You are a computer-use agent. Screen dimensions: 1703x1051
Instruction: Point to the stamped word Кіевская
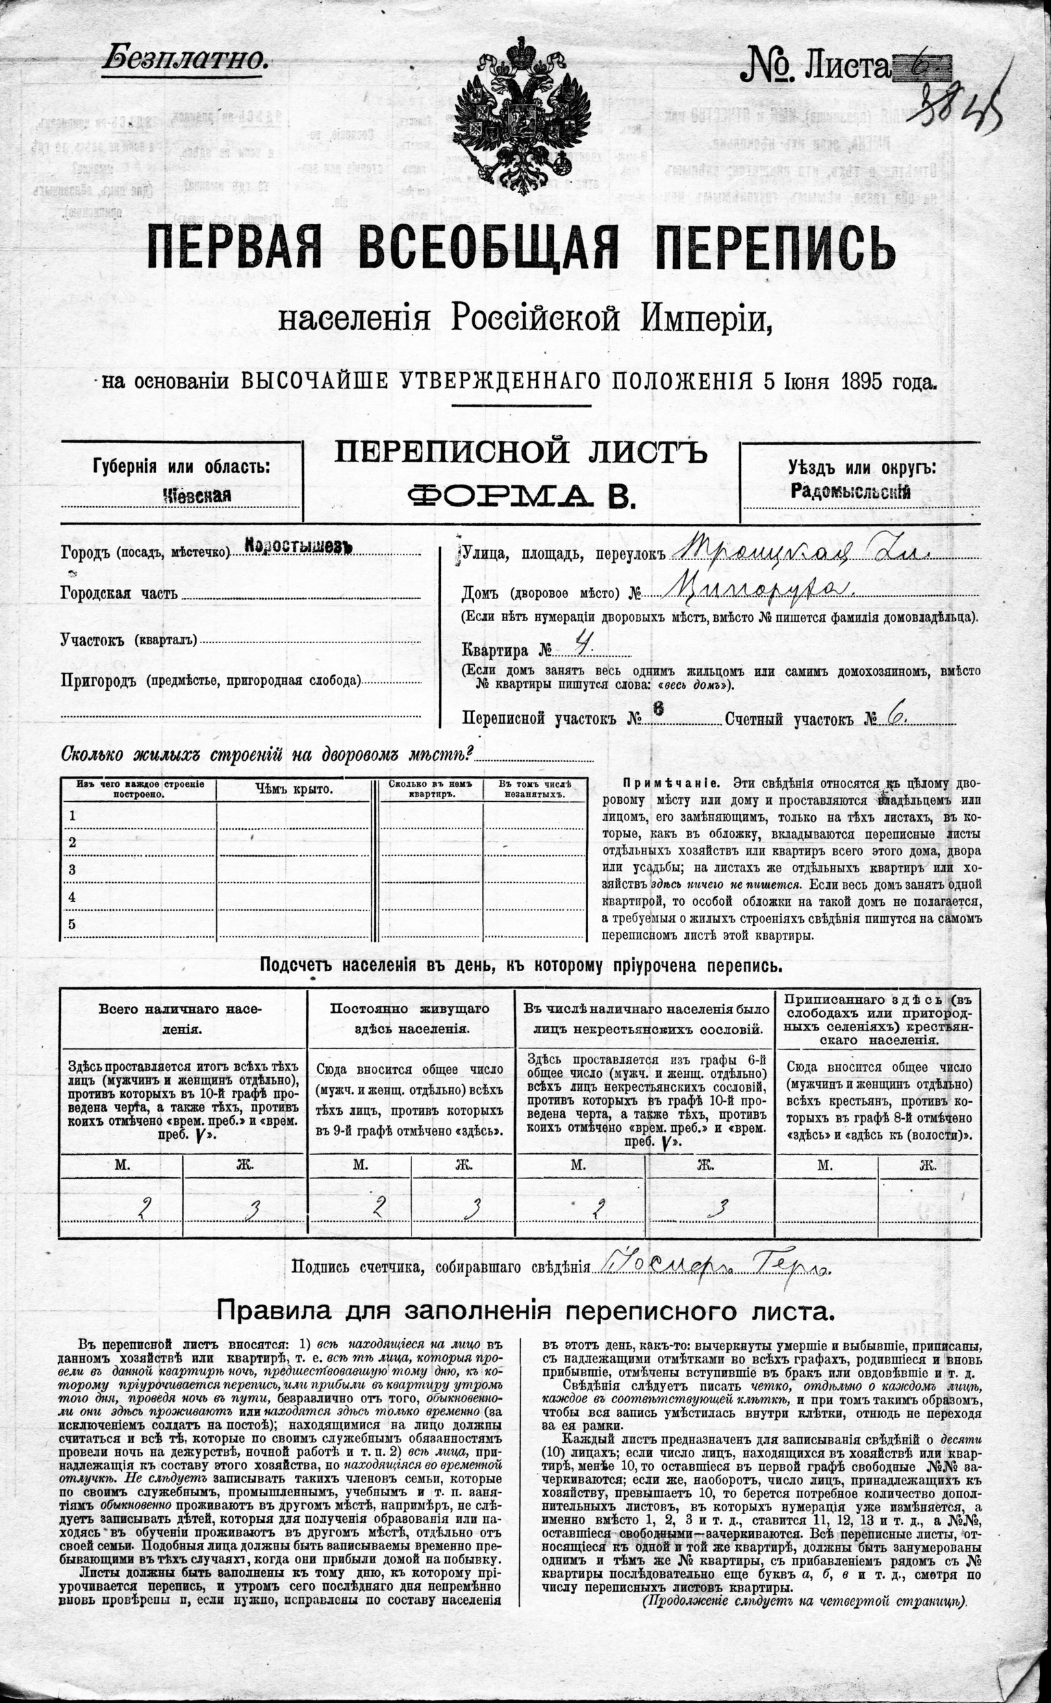click(x=196, y=495)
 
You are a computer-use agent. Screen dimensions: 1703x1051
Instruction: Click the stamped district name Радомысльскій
click(x=850, y=492)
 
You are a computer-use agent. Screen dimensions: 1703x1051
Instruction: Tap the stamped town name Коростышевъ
click(x=299, y=547)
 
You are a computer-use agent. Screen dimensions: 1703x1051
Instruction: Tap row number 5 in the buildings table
click(x=72, y=924)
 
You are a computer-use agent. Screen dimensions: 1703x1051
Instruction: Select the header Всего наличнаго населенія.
click(x=182, y=1019)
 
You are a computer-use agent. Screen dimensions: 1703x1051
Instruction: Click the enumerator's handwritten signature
click(x=709, y=1265)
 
